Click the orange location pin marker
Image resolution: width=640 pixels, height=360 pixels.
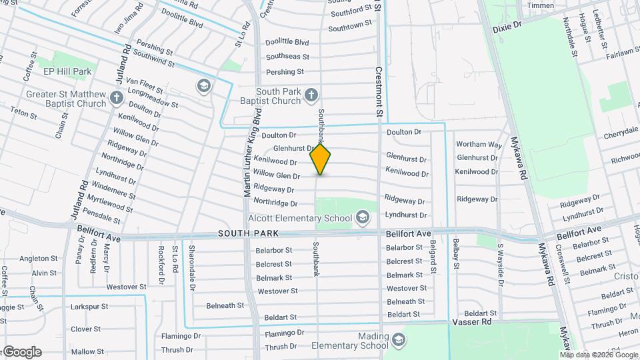[321, 159]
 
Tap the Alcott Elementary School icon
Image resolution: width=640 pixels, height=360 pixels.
[363, 217]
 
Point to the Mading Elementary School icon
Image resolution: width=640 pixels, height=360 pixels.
[399, 341]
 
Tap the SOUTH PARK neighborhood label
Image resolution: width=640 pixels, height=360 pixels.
[247, 234]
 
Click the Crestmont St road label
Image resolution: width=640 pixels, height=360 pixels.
[378, 93]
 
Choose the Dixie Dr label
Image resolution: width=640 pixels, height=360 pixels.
[507, 29]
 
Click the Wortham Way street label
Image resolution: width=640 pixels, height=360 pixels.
[479, 144]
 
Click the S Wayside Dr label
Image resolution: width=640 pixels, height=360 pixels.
[501, 264]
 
